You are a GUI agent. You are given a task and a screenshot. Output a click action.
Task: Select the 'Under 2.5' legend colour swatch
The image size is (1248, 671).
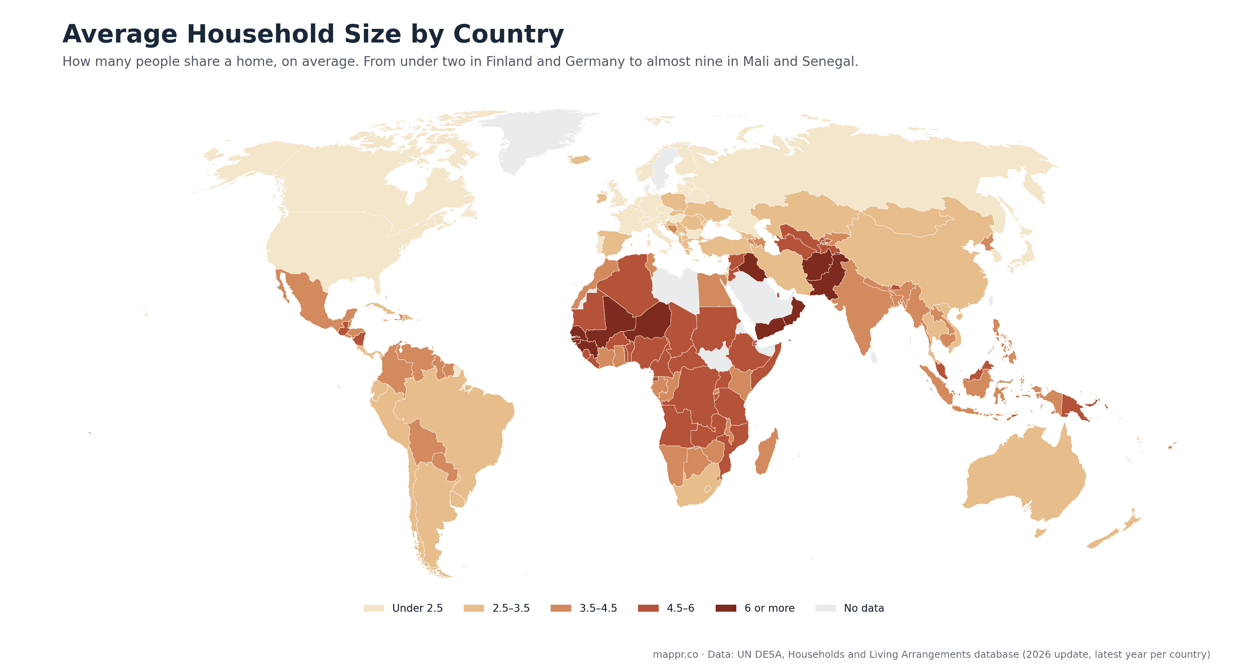click(374, 608)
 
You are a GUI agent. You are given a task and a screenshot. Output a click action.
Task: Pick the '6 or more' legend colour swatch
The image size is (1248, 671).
click(726, 608)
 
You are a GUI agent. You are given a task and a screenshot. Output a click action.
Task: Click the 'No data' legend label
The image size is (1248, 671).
click(864, 608)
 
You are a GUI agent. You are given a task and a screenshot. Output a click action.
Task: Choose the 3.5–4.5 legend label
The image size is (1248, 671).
click(598, 608)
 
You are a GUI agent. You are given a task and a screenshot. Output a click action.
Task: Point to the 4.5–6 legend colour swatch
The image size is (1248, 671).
click(648, 608)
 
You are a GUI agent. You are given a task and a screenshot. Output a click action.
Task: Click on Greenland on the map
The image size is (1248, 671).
click(538, 136)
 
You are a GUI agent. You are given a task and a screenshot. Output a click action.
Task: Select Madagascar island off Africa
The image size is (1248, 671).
click(766, 451)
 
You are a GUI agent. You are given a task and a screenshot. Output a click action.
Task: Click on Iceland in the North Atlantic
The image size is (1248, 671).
click(579, 160)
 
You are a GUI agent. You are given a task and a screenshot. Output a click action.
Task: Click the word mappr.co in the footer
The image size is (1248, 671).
click(675, 655)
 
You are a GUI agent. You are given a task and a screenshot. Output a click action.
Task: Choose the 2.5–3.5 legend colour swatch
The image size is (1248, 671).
click(474, 608)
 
